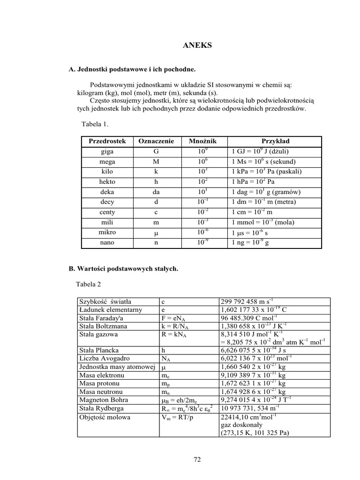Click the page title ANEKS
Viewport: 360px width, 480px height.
pyautogui.click(x=197, y=45)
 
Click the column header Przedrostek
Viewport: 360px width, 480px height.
pyautogui.click(x=107, y=141)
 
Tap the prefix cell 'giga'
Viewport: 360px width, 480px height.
pyautogui.click(x=107, y=151)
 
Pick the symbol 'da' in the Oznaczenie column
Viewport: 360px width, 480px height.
pyautogui.click(x=156, y=192)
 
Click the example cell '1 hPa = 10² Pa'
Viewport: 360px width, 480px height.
pyautogui.click(x=254, y=182)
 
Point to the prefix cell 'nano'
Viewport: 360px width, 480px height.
pyautogui.click(x=107, y=242)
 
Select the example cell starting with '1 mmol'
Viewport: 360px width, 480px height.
pyautogui.click(x=263, y=222)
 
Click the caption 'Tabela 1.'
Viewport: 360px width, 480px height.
pyautogui.click(x=95, y=124)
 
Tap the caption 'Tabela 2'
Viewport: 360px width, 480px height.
pyautogui.click(x=88, y=284)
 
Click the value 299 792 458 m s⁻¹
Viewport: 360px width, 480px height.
pyautogui.click(x=249, y=301)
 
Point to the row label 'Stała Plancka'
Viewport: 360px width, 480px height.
pyautogui.click(x=99, y=350)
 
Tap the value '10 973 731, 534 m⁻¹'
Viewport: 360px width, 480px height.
pyautogui.click(x=254, y=408)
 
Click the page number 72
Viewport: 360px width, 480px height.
pyautogui.click(x=197, y=460)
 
